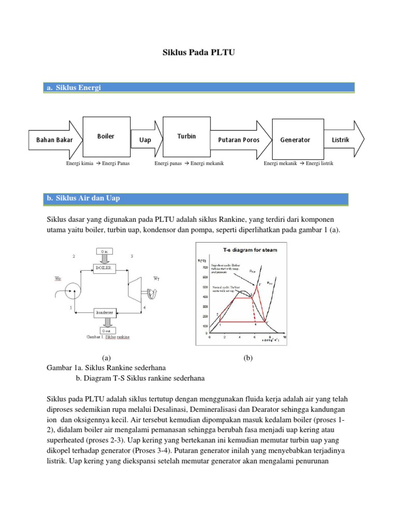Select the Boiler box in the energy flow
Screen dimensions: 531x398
coord(106,136)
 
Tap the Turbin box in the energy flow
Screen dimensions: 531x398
coord(186,136)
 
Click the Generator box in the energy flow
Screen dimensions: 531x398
coord(295,139)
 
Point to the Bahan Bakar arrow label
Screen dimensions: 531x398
coord(54,140)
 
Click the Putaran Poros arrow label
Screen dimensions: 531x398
coord(239,140)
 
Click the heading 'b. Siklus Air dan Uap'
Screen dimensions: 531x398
coord(83,198)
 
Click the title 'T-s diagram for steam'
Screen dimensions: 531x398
coord(249,250)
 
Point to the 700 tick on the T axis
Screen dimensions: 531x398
coord(204,267)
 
